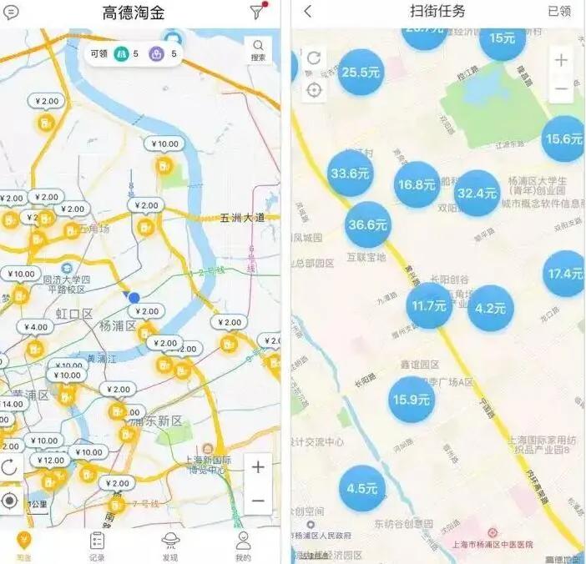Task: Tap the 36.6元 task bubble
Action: [368, 225]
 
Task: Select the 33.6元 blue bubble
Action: [351, 174]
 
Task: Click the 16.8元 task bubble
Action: [417, 185]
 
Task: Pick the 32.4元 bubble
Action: [477, 194]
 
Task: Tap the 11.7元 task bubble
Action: [430, 305]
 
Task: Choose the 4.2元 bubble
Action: [491, 308]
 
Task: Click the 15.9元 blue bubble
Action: [412, 400]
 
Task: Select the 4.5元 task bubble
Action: [362, 488]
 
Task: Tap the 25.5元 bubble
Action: [361, 73]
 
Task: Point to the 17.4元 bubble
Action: [565, 274]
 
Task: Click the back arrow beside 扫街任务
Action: [308, 12]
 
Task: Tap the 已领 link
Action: [559, 12]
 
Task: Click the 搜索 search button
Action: [259, 50]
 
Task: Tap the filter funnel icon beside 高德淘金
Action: [256, 12]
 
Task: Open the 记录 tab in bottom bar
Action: [98, 546]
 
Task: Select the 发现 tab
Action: [170, 546]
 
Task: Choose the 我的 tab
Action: [243, 546]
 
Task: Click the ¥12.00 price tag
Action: [52, 461]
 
